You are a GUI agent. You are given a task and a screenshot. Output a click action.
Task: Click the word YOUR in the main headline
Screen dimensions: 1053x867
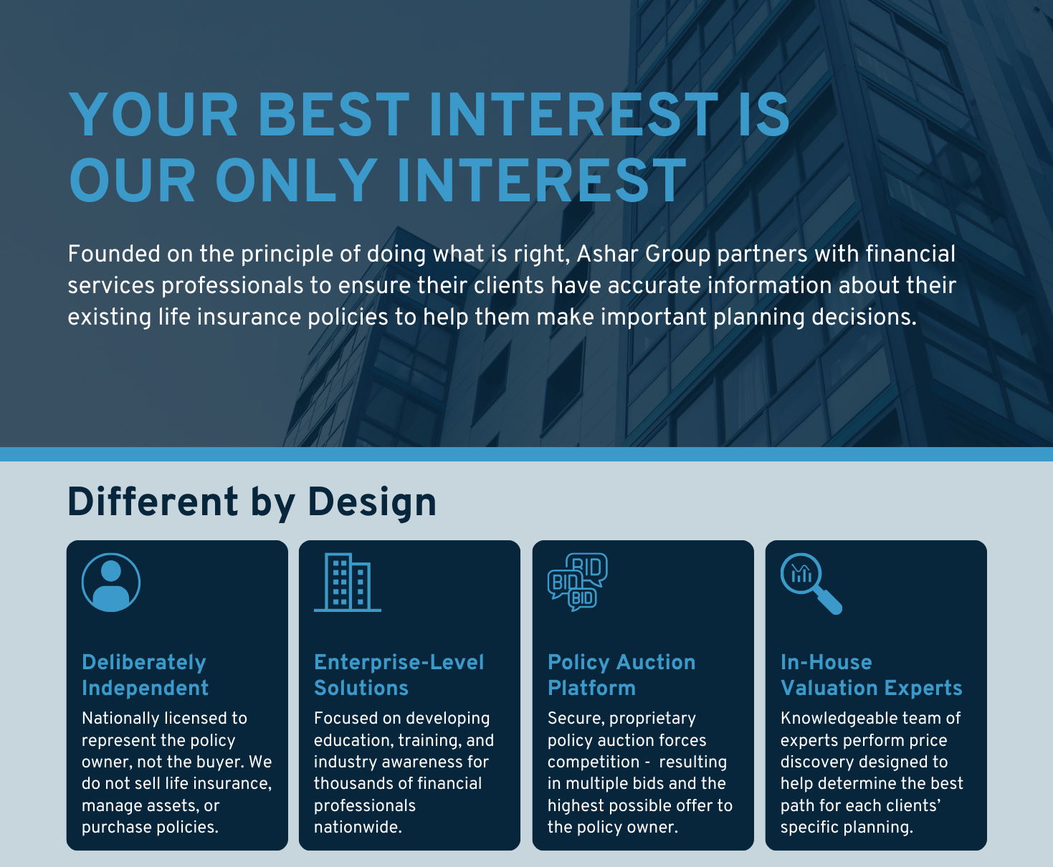[x=153, y=115]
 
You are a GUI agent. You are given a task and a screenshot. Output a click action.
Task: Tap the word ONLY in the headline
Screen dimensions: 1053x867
[x=297, y=181]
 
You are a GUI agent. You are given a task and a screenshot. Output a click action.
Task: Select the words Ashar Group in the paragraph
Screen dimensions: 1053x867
[x=644, y=254]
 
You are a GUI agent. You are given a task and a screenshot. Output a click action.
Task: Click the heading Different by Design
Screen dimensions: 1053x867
[x=252, y=502]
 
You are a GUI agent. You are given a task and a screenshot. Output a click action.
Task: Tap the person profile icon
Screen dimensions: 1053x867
[x=111, y=583]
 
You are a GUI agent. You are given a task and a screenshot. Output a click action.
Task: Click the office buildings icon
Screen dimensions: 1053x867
[x=348, y=583]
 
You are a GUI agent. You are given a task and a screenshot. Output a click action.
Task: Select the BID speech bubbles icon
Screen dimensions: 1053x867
[x=578, y=583]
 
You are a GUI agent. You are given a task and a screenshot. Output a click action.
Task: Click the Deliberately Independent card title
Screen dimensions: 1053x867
[x=146, y=675]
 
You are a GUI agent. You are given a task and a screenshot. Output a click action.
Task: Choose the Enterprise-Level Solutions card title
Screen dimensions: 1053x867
[x=399, y=675]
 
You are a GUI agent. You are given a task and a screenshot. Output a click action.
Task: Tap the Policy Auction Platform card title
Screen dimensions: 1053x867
[x=621, y=675]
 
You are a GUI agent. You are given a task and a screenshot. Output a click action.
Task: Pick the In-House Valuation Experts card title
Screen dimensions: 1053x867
[x=872, y=675]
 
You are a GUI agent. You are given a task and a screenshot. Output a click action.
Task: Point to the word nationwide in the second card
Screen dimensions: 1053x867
[x=358, y=827]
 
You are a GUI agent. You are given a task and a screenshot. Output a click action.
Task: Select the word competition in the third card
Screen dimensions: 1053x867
[x=594, y=762]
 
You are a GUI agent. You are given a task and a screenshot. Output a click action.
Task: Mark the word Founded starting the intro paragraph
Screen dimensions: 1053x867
[x=114, y=254]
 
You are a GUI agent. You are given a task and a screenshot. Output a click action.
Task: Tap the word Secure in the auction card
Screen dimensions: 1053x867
[x=576, y=719]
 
